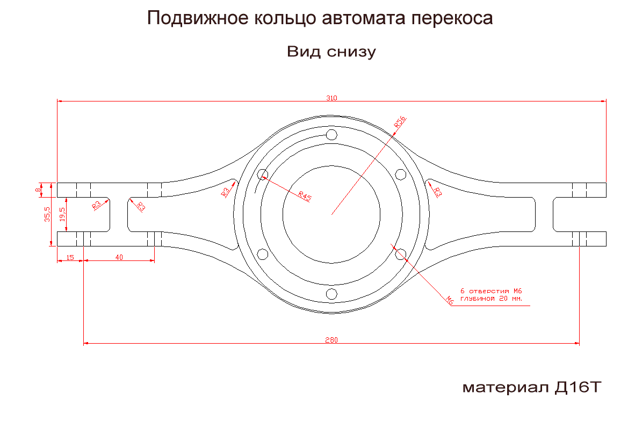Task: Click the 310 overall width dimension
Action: [x=331, y=98]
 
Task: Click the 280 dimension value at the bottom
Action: [x=331, y=340]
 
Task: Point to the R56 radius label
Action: [x=400, y=121]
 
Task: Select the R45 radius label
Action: [x=305, y=196]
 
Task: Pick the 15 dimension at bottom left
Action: [x=70, y=258]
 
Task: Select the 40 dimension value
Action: [x=119, y=258]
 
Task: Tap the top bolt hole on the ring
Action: [x=331, y=134]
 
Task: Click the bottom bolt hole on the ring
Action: [x=331, y=294]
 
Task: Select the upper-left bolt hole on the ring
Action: [x=263, y=174]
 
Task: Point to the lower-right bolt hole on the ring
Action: [x=400, y=254]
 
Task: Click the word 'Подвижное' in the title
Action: [x=195, y=19]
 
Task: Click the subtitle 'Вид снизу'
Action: [x=331, y=52]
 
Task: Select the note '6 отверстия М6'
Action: [x=491, y=291]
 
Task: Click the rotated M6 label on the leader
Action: [x=450, y=301]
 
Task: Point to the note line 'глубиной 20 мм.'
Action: [x=491, y=299]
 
